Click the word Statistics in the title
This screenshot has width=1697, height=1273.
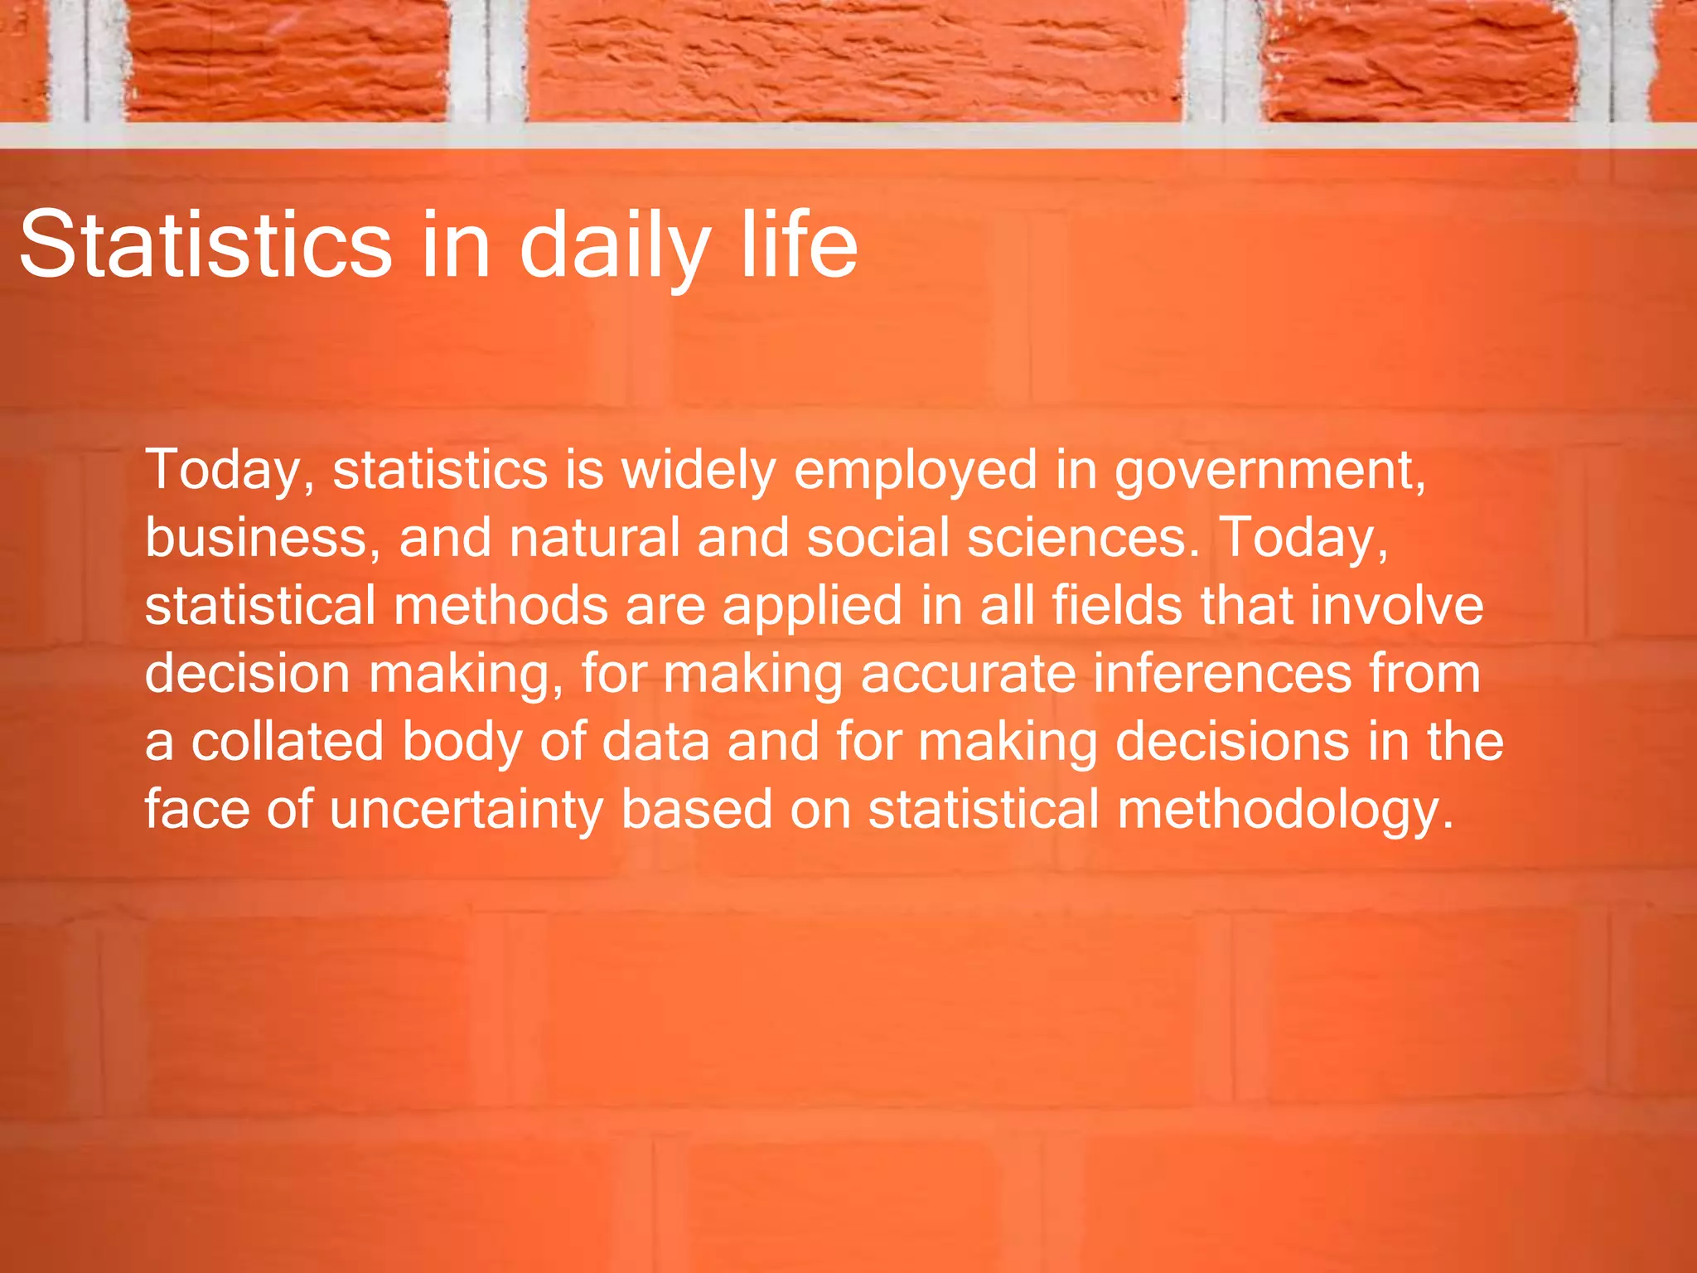205,245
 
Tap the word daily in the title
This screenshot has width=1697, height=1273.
614,245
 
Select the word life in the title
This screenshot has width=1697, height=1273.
799,245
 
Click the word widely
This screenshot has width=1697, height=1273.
699,470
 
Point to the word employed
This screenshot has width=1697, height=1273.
916,470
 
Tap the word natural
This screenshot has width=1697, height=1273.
594,538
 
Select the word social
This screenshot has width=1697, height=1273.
878,538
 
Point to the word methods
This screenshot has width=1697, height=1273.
500,606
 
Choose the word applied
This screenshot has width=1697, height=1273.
812,606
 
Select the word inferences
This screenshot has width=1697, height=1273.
1222,674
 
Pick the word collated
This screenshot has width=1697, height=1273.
288,742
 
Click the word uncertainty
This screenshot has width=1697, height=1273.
467,810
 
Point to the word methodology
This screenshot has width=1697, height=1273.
1284,810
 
